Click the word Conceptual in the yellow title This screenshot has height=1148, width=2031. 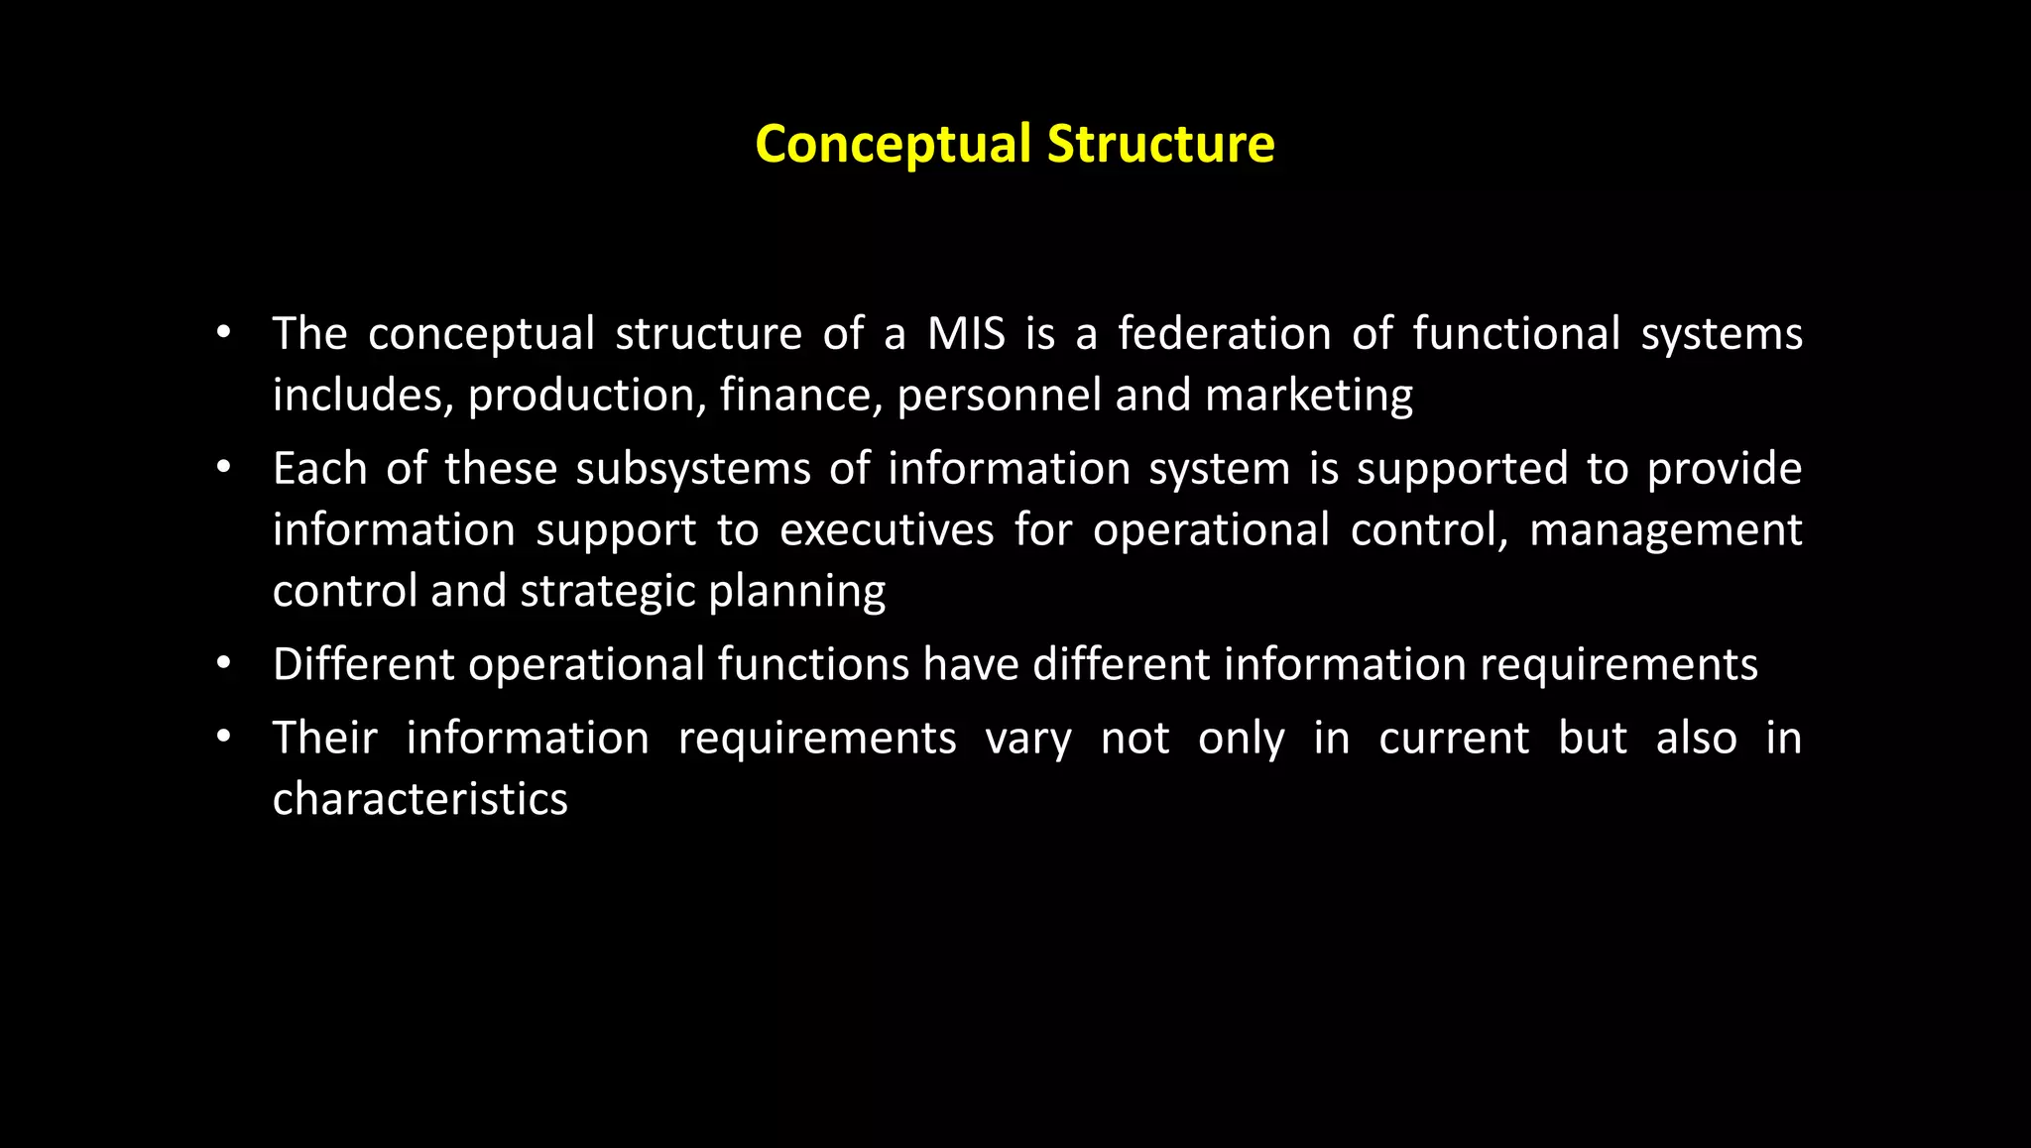893,144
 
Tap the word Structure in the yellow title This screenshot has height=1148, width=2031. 1160,144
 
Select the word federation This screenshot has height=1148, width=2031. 1224,334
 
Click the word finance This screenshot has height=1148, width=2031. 800,396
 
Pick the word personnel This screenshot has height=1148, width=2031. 999,396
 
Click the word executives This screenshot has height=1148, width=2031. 886,530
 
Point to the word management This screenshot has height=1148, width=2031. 1665,530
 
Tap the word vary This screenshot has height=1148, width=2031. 1027,740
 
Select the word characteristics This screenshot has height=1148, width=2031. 419,799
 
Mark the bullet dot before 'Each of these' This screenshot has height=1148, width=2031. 224,466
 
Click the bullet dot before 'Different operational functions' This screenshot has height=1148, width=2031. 224,662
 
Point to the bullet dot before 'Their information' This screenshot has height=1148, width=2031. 224,737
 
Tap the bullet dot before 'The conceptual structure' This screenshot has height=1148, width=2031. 224,332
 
